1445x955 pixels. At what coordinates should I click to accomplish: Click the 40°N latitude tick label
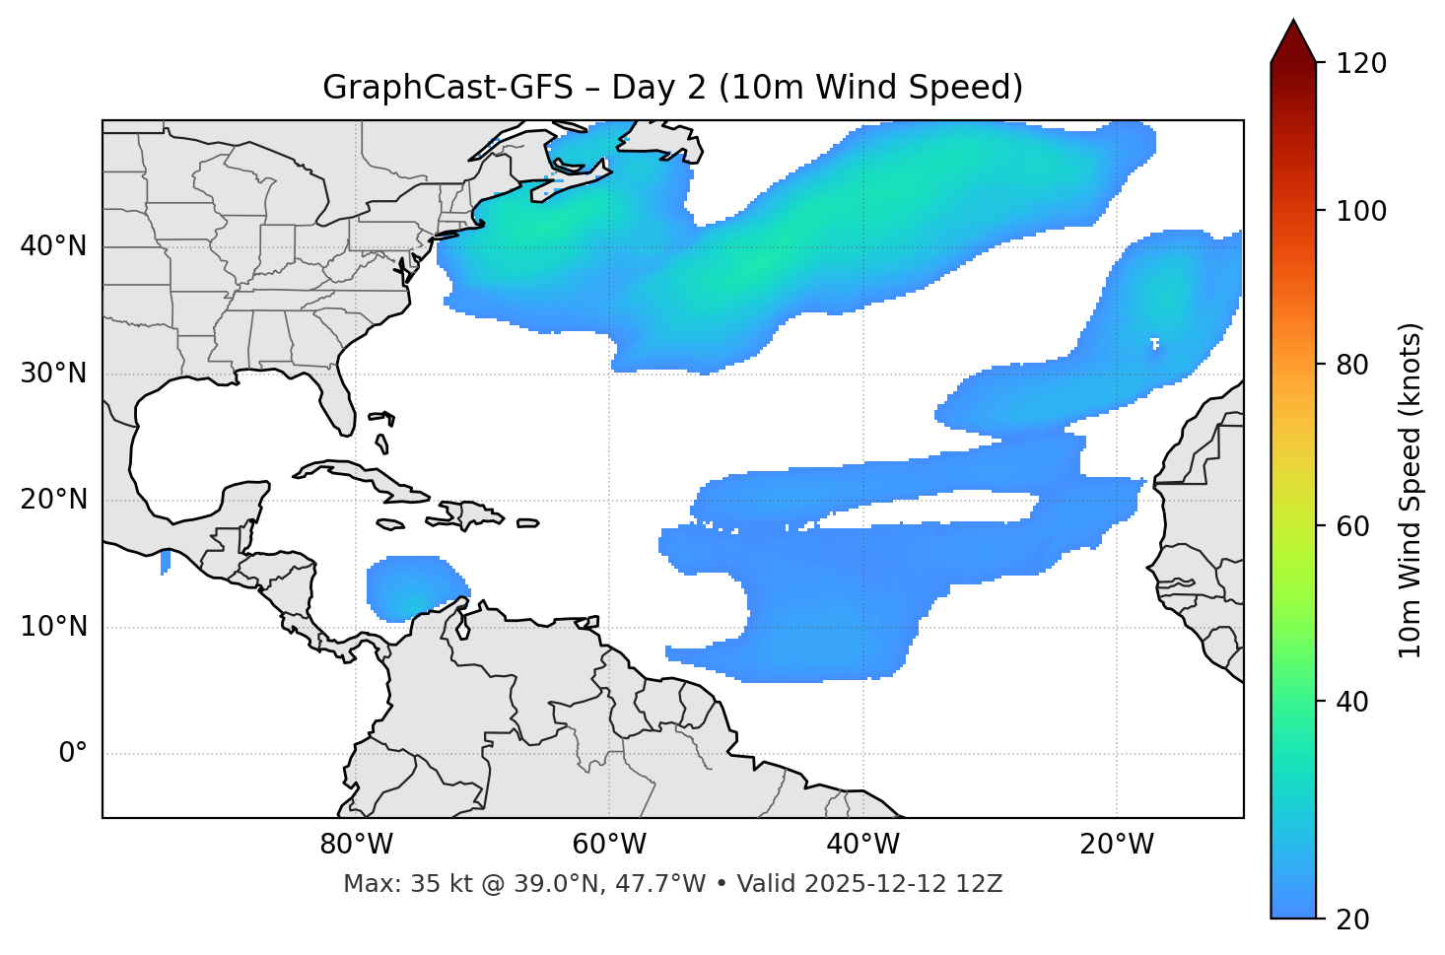tap(53, 246)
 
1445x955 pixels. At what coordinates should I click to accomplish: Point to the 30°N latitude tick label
tap(53, 374)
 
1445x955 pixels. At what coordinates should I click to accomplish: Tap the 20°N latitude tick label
tap(53, 500)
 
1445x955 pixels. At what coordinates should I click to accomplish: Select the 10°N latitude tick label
tap(53, 627)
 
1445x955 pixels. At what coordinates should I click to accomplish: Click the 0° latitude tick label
tap(73, 754)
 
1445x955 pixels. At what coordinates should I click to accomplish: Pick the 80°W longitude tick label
tap(356, 845)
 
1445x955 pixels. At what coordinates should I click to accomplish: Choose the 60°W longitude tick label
tap(609, 845)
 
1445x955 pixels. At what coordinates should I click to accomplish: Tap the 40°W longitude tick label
tap(862, 845)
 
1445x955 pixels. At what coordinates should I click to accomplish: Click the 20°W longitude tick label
tap(1117, 845)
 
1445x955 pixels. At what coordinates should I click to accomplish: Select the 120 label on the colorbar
tap(1361, 64)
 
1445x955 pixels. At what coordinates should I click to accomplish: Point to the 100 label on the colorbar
tap(1361, 211)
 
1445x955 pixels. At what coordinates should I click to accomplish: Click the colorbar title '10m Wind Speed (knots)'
tap(1411, 490)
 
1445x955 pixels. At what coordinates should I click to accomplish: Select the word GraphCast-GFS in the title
tap(447, 88)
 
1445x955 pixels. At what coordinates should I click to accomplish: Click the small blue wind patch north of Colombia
tap(415, 589)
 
